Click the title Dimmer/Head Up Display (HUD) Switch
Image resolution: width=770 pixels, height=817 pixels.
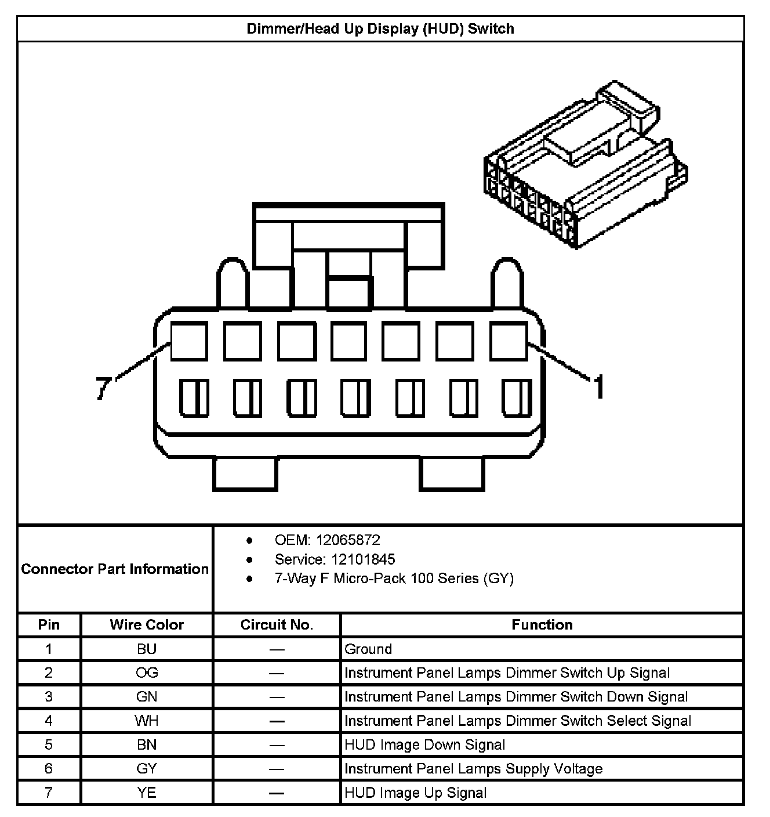pyautogui.click(x=380, y=29)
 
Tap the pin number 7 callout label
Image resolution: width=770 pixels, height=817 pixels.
pyautogui.click(x=103, y=388)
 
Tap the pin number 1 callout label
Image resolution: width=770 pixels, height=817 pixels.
pyautogui.click(x=599, y=386)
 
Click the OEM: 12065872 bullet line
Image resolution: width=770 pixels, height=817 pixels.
pyautogui.click(x=327, y=540)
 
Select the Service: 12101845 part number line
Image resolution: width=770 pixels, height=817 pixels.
pyautogui.click(x=335, y=559)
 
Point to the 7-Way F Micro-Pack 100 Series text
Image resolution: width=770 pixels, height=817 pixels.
pyautogui.click(x=394, y=579)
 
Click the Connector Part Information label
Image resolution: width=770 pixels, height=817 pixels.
pyautogui.click(x=115, y=569)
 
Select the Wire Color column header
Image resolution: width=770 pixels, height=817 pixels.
pyautogui.click(x=147, y=625)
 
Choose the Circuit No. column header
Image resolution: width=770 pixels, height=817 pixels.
pyautogui.click(x=277, y=625)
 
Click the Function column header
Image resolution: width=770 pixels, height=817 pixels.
pyautogui.click(x=542, y=625)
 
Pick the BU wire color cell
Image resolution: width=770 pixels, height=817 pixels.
pyautogui.click(x=147, y=649)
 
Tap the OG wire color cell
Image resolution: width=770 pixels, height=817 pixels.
pyautogui.click(x=147, y=673)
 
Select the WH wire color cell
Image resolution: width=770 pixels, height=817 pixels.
pyautogui.click(x=147, y=721)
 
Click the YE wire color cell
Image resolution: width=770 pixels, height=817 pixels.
pyautogui.click(x=147, y=793)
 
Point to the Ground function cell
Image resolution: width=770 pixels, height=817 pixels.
pyautogui.click(x=368, y=649)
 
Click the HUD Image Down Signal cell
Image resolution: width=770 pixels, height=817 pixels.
pyautogui.click(x=424, y=745)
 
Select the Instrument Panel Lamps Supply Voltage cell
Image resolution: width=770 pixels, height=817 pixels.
pyautogui.click(x=473, y=769)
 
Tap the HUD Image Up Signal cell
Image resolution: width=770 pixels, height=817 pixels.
pyautogui.click(x=415, y=793)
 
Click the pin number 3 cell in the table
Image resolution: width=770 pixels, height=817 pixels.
pyautogui.click(x=49, y=697)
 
